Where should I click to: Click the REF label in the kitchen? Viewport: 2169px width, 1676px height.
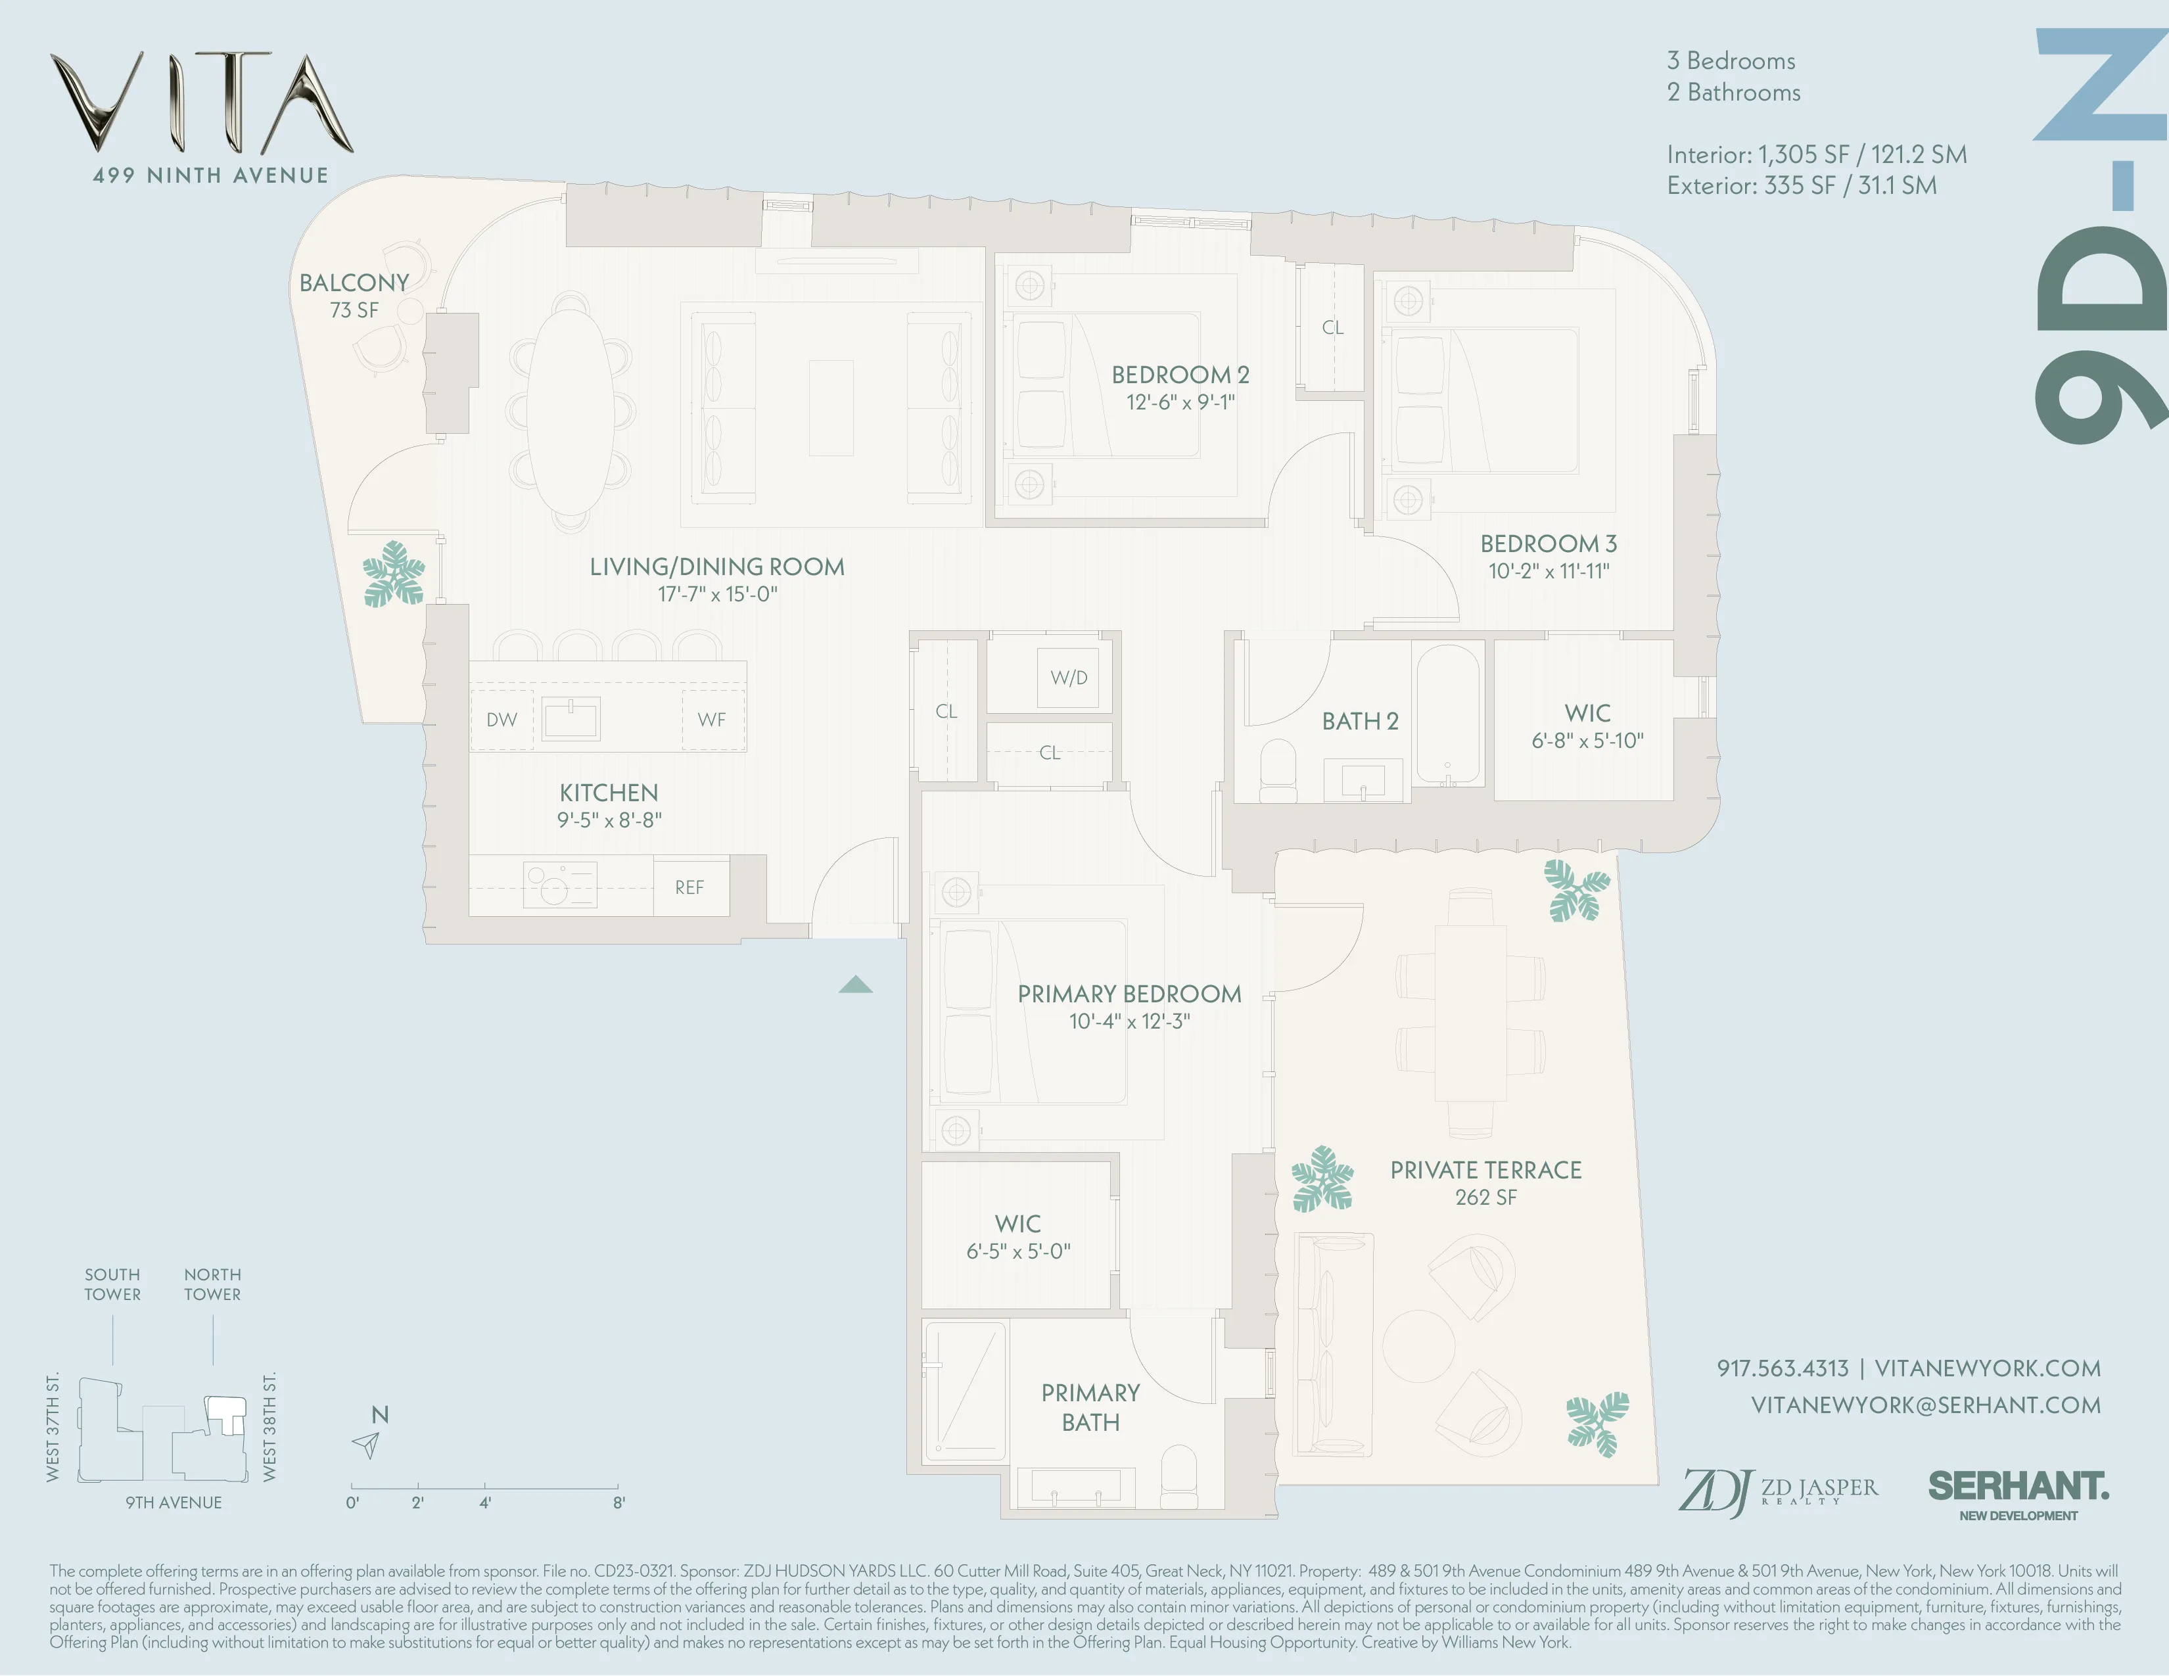click(x=689, y=888)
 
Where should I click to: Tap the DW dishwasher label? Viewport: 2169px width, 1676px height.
click(x=501, y=720)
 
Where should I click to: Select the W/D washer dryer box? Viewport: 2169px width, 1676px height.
click(x=1069, y=678)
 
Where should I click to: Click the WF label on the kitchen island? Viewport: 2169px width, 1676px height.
click(x=711, y=720)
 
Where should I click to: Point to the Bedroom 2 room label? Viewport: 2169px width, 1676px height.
click(x=1180, y=375)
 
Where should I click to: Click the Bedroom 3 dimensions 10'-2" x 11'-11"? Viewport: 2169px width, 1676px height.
click(x=1549, y=571)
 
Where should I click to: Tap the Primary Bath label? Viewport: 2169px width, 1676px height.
click(x=1090, y=1407)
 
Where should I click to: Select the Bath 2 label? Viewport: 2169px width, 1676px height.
click(x=1360, y=722)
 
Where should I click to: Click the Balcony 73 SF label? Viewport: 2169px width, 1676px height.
click(x=354, y=296)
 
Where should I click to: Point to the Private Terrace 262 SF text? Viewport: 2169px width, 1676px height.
click(x=1485, y=1184)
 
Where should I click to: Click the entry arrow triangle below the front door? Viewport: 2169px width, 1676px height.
click(x=855, y=985)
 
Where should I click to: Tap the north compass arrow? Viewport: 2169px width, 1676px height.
click(x=367, y=1445)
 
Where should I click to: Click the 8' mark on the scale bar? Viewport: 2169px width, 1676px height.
click(x=618, y=1502)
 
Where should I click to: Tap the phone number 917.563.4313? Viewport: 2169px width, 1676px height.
click(x=1782, y=1368)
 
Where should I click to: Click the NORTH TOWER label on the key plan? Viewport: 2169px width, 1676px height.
click(x=212, y=1284)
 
